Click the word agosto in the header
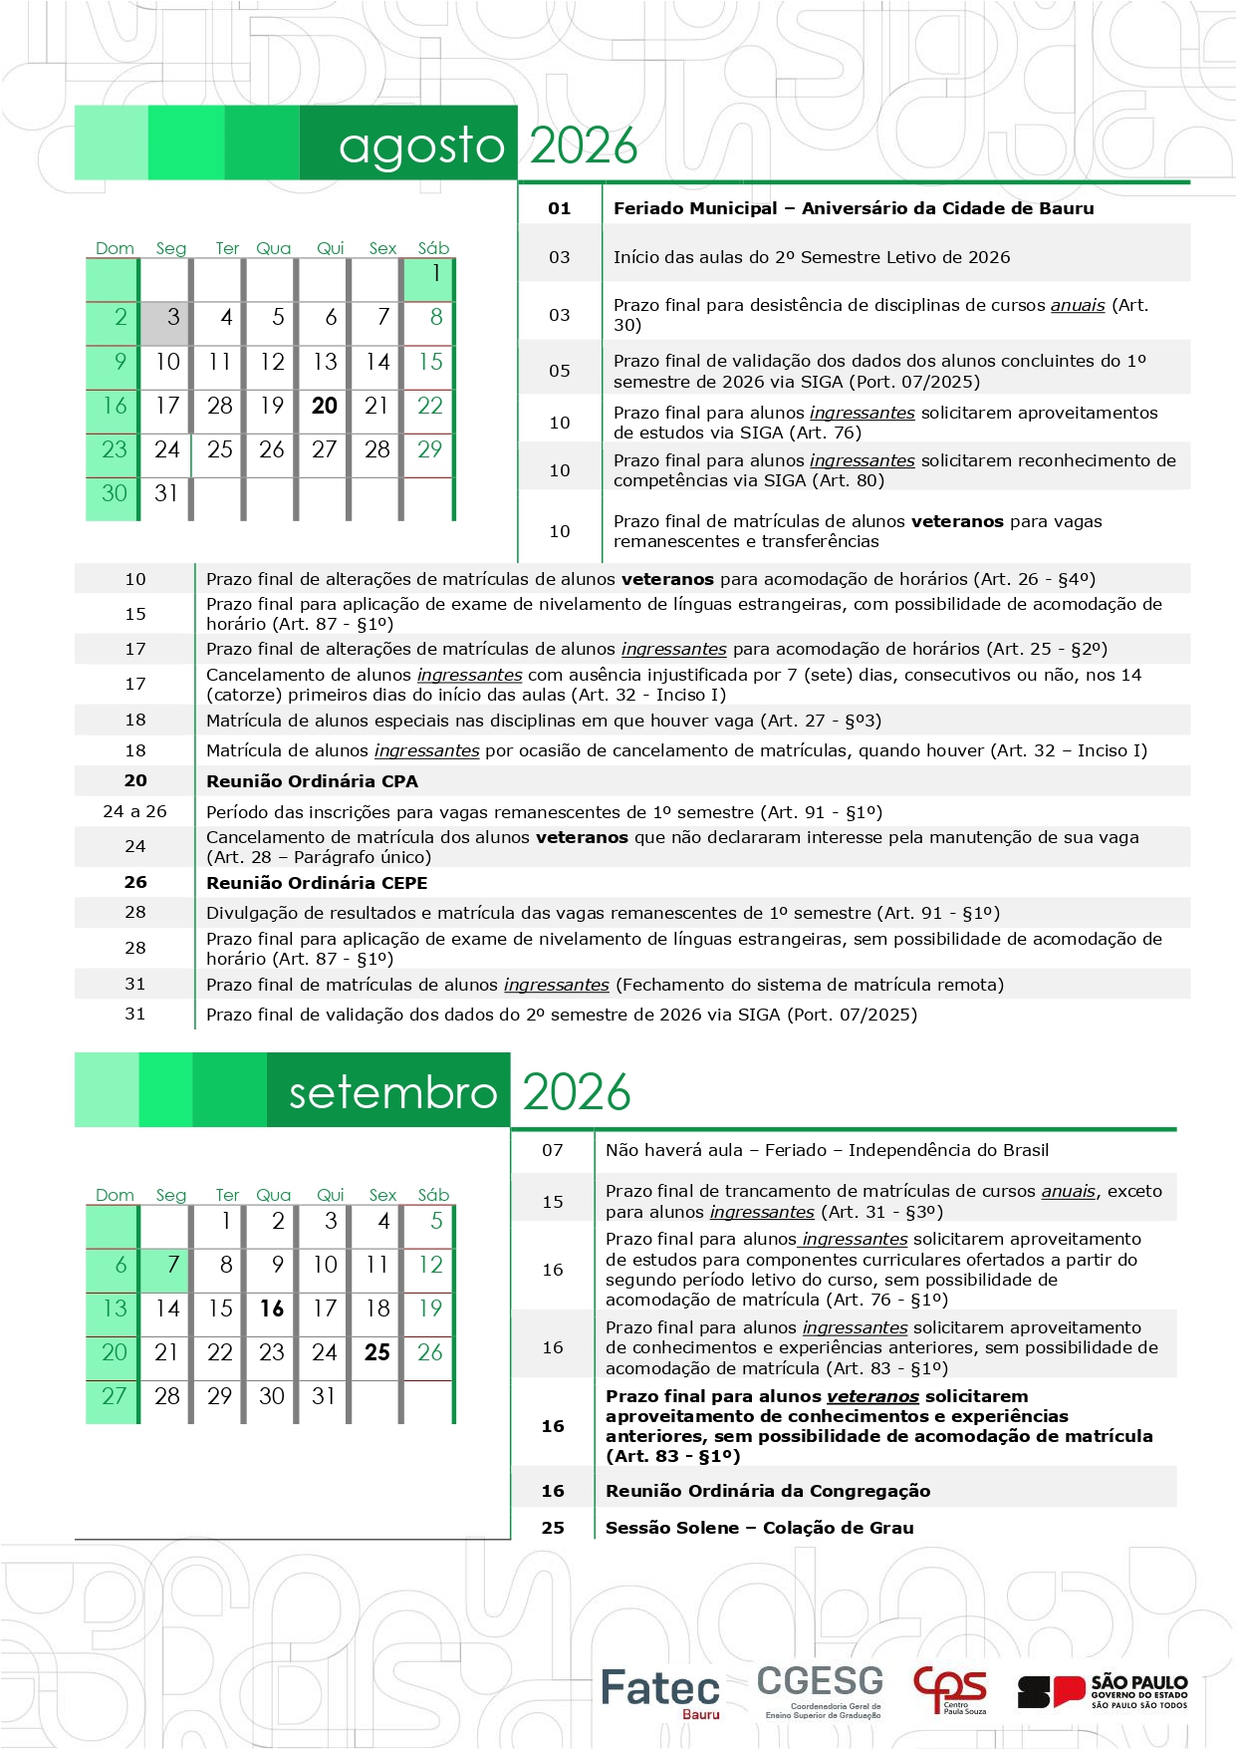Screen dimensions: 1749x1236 tap(421, 146)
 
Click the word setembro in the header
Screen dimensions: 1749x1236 tap(392, 1093)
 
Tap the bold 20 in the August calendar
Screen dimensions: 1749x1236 tap(325, 406)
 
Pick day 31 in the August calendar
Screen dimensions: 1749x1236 tap(166, 493)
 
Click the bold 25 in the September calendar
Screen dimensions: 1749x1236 tap(377, 1352)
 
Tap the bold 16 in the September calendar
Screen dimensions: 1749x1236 tap(272, 1309)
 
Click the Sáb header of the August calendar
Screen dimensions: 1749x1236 tap(433, 248)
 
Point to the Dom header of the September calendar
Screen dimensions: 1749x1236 tap(115, 1195)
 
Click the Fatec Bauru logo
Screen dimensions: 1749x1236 tap(659, 1692)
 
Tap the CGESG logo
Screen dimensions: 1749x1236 tap(821, 1690)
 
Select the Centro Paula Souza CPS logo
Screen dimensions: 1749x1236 tap(950, 1690)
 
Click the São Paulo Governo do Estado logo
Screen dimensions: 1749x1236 tap(1103, 1691)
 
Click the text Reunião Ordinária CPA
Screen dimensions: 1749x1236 tap(312, 781)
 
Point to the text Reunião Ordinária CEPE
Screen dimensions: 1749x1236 tap(317, 883)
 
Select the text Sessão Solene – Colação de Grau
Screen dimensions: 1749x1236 tap(759, 1528)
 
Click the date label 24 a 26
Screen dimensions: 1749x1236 tap(134, 811)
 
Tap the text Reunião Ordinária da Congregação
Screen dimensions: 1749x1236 tap(768, 1491)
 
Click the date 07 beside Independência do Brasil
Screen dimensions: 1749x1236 tap(553, 1150)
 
